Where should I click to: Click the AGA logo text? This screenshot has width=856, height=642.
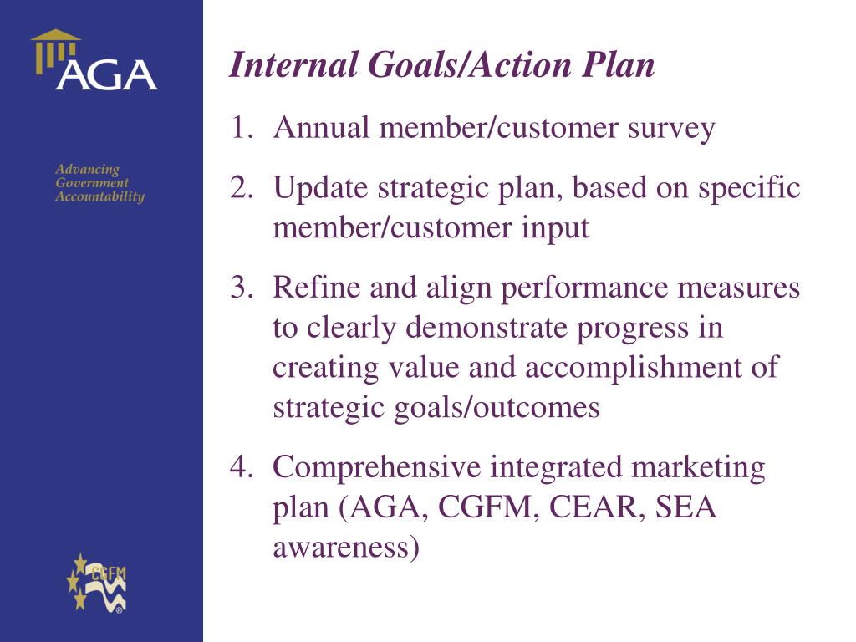pyautogui.click(x=106, y=74)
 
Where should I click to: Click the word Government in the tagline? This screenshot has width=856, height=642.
pyautogui.click(x=92, y=183)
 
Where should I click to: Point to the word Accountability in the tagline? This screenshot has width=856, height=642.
pyautogui.click(x=100, y=196)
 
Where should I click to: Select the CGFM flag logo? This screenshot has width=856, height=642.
pyautogui.click(x=96, y=583)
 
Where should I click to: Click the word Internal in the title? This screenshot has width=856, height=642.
pyautogui.click(x=293, y=64)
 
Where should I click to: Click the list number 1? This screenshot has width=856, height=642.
pyautogui.click(x=242, y=128)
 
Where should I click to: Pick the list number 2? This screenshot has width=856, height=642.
pyautogui.click(x=242, y=187)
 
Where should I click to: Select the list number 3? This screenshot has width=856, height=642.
pyautogui.click(x=242, y=288)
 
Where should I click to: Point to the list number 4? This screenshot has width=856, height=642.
pyautogui.click(x=242, y=466)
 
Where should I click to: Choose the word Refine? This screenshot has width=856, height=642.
pyautogui.click(x=317, y=288)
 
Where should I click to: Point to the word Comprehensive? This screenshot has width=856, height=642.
pyautogui.click(x=377, y=468)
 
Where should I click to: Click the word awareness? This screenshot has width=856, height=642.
pyautogui.click(x=346, y=548)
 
